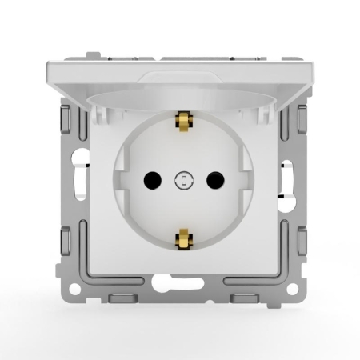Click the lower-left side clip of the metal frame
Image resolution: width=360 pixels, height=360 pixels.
(62, 240)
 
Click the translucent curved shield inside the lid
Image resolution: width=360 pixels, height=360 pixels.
(181, 100)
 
